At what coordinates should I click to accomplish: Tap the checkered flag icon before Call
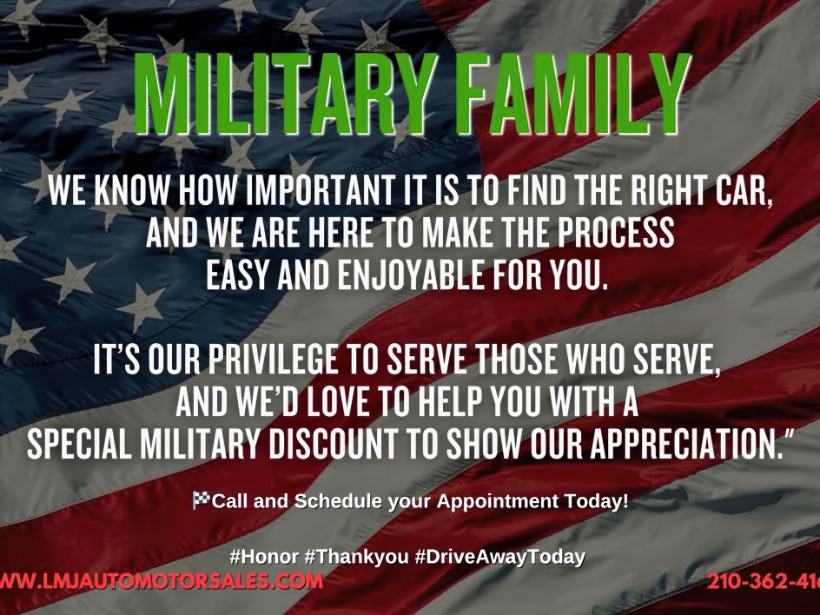[201, 500]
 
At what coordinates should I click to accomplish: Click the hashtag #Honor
[264, 557]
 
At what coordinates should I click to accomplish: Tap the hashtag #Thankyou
[356, 557]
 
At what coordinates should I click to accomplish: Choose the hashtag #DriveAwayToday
[499, 557]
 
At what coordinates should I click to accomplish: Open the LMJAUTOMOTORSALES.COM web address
[161, 581]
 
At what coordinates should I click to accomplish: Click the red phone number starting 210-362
[764, 581]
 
